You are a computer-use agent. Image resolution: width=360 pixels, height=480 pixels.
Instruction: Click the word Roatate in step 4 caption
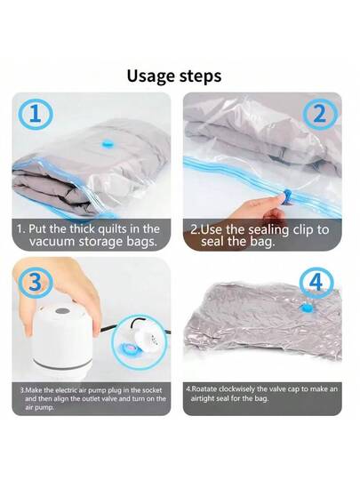coord(213,388)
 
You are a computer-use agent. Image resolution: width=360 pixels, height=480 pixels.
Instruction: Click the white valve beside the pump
coord(145,339)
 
